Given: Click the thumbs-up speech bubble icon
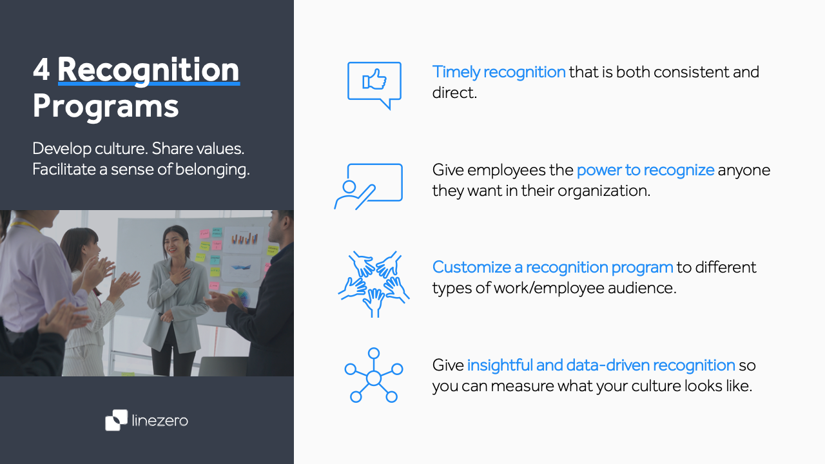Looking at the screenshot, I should [374, 84].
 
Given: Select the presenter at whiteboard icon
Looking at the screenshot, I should [369, 186].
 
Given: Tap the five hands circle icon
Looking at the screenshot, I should [374, 284].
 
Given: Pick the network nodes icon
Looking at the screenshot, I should [374, 376].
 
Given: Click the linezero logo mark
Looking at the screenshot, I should [117, 420].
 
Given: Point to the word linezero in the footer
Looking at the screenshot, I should [159, 421].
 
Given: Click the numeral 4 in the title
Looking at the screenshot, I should [41, 70].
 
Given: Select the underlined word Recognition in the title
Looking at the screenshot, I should [148, 70].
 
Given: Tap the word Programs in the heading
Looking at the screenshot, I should [106, 106].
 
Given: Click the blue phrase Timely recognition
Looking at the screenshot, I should [499, 72].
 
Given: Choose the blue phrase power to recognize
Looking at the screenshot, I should [645, 170].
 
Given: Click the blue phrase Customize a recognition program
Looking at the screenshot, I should [552, 267].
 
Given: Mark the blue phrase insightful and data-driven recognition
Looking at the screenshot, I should [601, 365].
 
